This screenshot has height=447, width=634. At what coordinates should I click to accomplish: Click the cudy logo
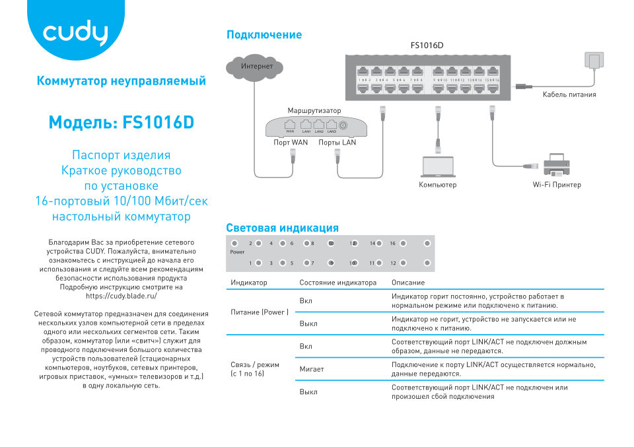click(x=75, y=33)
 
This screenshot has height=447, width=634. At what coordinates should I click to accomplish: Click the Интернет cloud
click(x=256, y=66)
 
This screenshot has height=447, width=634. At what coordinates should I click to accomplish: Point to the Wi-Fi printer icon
click(x=556, y=164)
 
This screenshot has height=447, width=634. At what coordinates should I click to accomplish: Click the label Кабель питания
click(x=569, y=94)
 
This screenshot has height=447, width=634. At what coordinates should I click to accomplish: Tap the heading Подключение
click(x=264, y=35)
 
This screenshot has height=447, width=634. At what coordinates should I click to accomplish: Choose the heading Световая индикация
click(x=282, y=228)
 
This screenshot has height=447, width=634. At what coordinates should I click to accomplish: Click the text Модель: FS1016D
click(x=122, y=123)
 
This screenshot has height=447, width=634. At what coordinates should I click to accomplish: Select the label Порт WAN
click(x=291, y=143)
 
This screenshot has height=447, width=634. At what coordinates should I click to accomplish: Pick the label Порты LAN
click(x=337, y=143)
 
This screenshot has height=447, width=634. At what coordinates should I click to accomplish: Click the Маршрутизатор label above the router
click(x=314, y=110)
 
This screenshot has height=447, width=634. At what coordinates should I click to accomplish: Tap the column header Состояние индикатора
click(x=337, y=283)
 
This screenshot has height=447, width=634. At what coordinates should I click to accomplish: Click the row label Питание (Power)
click(x=260, y=312)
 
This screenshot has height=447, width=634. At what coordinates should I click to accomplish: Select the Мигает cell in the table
click(x=312, y=369)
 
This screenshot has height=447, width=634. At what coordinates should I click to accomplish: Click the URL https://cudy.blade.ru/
click(x=122, y=296)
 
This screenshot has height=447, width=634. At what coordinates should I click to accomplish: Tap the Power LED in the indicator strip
click(x=234, y=244)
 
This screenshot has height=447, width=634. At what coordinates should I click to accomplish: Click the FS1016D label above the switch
click(x=427, y=46)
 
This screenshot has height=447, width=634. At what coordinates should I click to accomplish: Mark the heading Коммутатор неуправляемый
click(x=122, y=81)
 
